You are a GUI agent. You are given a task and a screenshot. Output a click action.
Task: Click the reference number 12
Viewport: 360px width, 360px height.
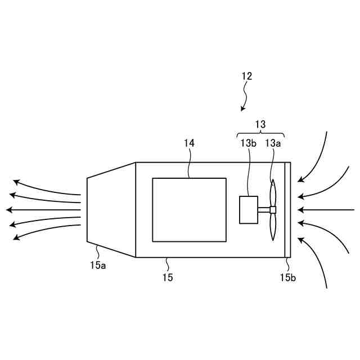click(247, 76)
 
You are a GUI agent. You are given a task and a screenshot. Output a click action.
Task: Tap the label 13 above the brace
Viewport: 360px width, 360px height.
click(260, 124)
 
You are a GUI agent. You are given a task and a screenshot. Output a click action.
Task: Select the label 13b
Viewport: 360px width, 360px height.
click(249, 143)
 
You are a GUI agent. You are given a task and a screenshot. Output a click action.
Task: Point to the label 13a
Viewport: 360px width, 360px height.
click(273, 143)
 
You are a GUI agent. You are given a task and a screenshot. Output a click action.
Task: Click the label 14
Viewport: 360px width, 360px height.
click(189, 143)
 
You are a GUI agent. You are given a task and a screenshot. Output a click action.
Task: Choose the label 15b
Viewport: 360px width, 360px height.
click(287, 277)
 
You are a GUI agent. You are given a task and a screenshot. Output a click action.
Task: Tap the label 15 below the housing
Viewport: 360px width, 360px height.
click(168, 277)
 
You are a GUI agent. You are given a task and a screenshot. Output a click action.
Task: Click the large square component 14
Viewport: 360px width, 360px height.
click(189, 209)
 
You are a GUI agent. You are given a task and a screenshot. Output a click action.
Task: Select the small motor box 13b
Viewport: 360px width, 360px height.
click(249, 209)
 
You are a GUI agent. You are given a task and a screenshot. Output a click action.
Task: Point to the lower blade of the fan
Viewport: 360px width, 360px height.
click(273, 226)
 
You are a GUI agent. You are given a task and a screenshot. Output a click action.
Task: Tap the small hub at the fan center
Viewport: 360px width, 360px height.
click(273, 210)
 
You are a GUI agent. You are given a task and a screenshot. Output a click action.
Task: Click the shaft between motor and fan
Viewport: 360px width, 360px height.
click(264, 210)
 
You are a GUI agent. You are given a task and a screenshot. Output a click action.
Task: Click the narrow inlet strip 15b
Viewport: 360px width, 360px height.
click(287, 210)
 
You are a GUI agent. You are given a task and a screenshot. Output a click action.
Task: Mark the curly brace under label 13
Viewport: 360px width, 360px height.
click(260, 134)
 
